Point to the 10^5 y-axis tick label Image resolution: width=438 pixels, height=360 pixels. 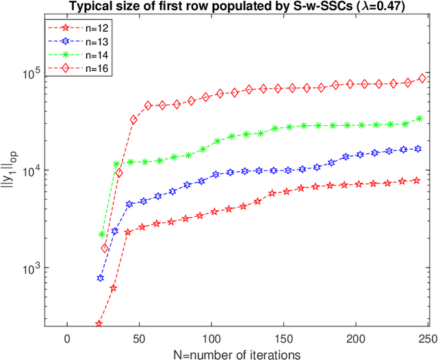pos(31,73)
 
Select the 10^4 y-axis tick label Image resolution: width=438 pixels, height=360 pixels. pos(31,170)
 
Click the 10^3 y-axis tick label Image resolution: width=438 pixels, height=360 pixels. pos(31,268)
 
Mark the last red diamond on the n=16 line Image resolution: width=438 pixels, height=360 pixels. pos(422,78)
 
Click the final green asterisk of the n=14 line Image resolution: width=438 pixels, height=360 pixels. pos(420,118)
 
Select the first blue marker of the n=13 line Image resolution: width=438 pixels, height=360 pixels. pos(101,278)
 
